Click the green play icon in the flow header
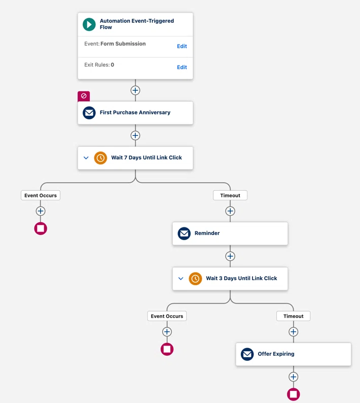pyautogui.click(x=89, y=24)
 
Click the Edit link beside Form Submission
pyautogui.click(x=182, y=46)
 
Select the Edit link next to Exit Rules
pyautogui.click(x=182, y=68)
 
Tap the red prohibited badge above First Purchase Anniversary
pyautogui.click(x=84, y=96)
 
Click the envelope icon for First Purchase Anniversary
pyautogui.click(x=89, y=113)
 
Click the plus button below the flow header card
pyautogui.click(x=135, y=90)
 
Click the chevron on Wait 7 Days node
pyautogui.click(x=86, y=158)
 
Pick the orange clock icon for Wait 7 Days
pyautogui.click(x=100, y=158)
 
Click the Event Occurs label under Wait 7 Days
pyautogui.click(x=41, y=195)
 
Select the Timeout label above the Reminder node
pyautogui.click(x=230, y=195)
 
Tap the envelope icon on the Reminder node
pyautogui.click(x=184, y=233)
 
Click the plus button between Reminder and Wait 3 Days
pyautogui.click(x=230, y=256)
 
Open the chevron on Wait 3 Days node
pyautogui.click(x=181, y=278)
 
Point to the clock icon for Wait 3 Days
pyautogui.click(x=195, y=279)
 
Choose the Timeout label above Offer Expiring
pyautogui.click(x=293, y=316)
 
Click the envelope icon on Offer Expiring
pyautogui.click(x=247, y=354)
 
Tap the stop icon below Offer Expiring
pyautogui.click(x=293, y=394)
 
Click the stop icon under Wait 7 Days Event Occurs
pyautogui.click(x=41, y=228)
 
